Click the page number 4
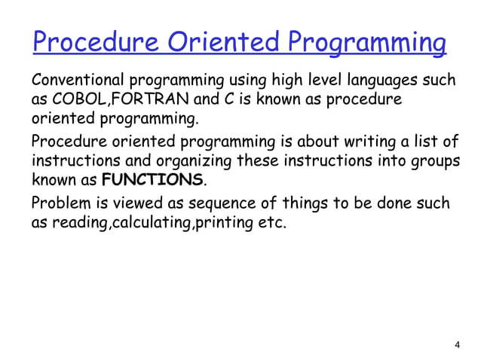click(x=457, y=345)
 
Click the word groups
click(x=437, y=161)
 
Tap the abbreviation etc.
click(x=272, y=223)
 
